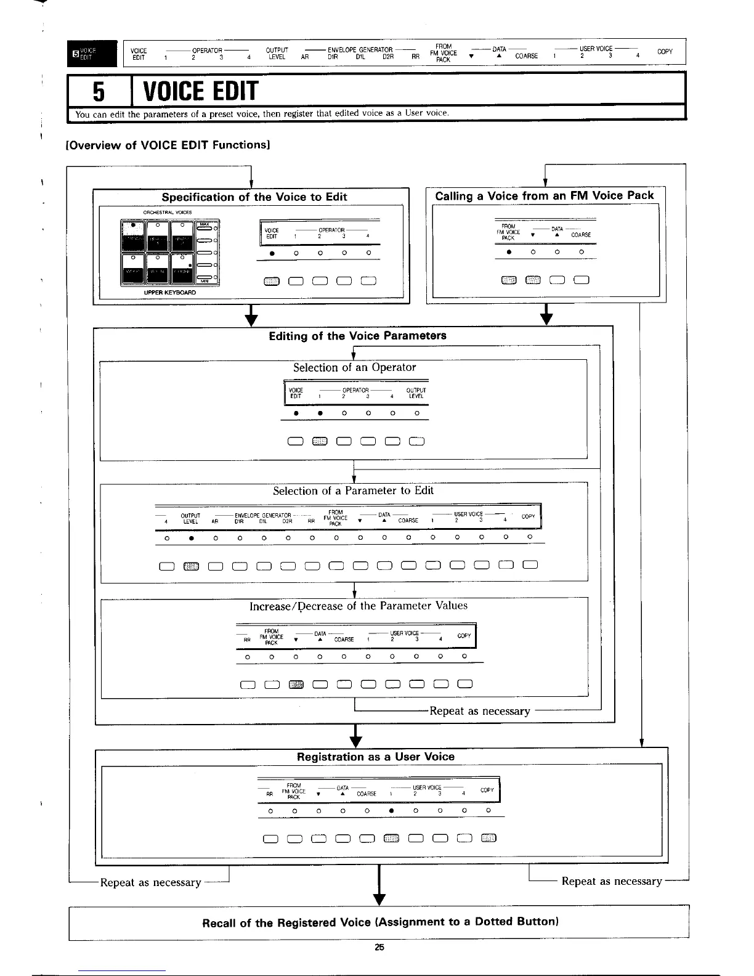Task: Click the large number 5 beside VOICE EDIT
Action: tap(98, 92)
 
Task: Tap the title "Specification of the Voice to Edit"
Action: tap(254, 197)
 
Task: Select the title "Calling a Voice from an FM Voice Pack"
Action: tap(544, 196)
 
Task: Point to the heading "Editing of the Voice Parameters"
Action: tap(357, 336)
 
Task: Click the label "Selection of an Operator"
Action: tap(354, 367)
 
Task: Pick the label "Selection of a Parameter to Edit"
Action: tap(353, 490)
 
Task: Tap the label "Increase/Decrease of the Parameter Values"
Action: tap(358, 606)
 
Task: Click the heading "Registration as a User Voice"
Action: tap(375, 757)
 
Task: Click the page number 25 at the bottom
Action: tap(379, 947)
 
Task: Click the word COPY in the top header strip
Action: tap(665, 51)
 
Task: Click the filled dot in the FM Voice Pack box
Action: tap(509, 252)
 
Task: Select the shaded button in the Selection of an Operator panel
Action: tap(320, 441)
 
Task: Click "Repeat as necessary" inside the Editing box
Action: tap(479, 711)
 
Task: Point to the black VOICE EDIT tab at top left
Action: tap(92, 52)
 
